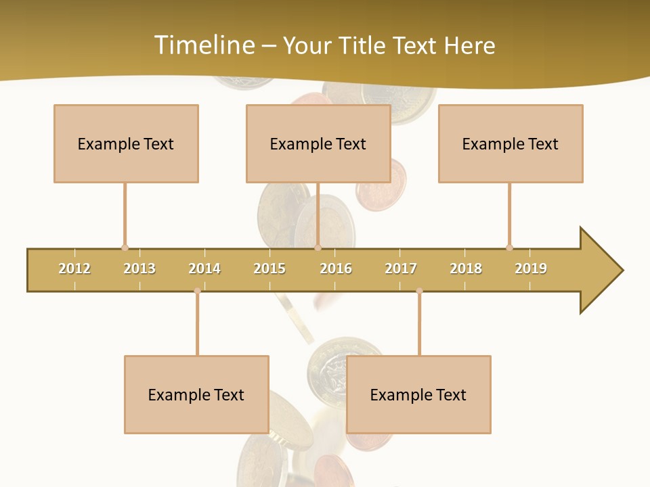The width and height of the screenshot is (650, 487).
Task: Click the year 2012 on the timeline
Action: click(x=74, y=269)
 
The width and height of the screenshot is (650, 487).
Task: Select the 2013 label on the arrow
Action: click(x=139, y=269)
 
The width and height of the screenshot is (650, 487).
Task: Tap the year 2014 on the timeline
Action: click(x=204, y=269)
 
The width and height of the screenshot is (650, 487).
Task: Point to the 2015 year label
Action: click(x=269, y=269)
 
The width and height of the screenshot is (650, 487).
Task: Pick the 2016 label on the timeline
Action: click(x=336, y=269)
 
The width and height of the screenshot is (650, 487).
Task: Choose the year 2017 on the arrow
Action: click(x=401, y=269)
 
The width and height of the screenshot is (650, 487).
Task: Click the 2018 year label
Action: click(x=466, y=269)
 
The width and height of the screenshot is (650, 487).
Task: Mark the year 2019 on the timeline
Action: click(x=531, y=269)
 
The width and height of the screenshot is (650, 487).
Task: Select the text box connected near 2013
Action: click(x=126, y=143)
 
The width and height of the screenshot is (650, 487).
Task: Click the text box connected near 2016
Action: click(x=318, y=143)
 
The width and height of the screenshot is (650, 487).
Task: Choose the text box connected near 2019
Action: click(x=511, y=143)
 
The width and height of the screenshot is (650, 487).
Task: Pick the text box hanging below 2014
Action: click(x=196, y=394)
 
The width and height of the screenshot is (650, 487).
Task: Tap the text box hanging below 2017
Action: click(x=418, y=394)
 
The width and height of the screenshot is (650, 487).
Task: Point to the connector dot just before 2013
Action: click(x=125, y=248)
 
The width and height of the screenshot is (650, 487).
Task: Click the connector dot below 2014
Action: click(x=197, y=291)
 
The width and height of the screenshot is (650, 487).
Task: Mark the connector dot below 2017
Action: click(x=419, y=291)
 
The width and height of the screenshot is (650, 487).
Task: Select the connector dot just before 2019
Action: click(x=509, y=248)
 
